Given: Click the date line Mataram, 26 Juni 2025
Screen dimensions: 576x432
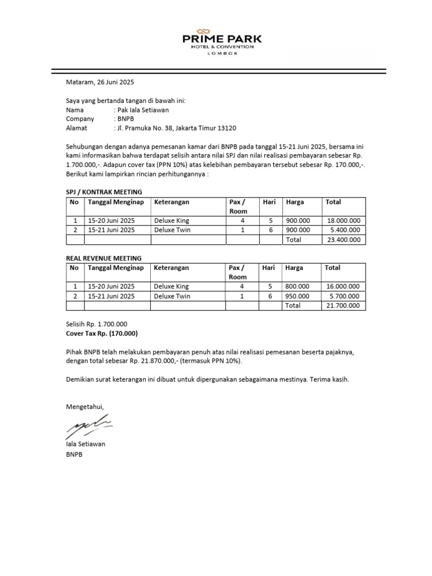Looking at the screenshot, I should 100,82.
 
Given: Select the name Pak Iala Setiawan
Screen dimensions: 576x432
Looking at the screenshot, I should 141,110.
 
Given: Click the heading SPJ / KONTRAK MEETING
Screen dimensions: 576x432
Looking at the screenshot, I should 104,192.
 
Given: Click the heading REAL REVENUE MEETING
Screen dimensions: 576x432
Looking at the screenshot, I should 103,258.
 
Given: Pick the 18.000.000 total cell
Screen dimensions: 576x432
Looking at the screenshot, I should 344,221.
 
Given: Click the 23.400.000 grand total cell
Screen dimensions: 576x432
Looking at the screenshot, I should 344,240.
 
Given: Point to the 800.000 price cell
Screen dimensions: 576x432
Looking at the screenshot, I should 298,286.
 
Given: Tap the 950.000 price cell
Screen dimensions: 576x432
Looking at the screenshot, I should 298,296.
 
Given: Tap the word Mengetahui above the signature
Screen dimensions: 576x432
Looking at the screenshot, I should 85,406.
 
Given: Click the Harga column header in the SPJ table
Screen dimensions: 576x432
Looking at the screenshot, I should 295,202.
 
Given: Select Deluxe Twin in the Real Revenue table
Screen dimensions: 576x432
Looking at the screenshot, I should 172,296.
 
